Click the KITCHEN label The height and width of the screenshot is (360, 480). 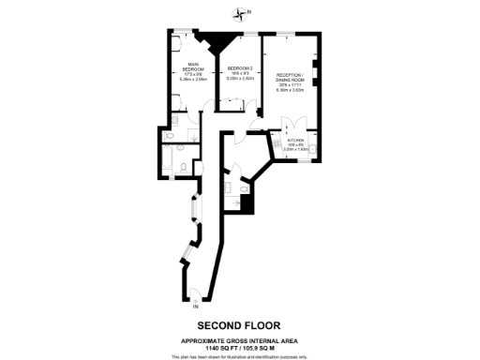click(x=295, y=139)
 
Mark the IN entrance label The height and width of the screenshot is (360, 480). click(x=195, y=307)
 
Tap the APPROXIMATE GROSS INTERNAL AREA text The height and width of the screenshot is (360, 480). click(x=240, y=340)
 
